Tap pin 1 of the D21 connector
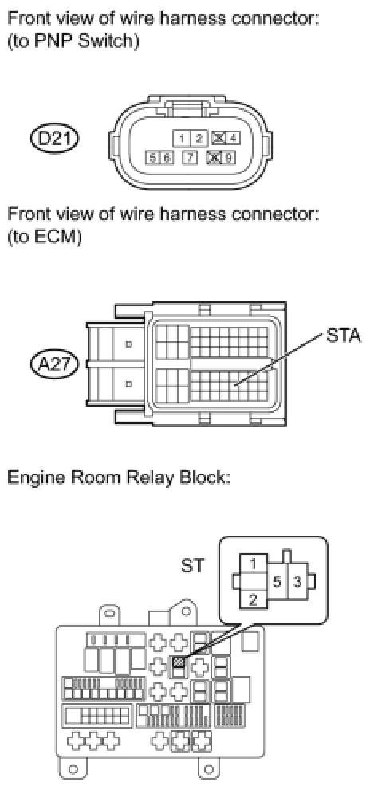(182, 137)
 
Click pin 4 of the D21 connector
(230, 137)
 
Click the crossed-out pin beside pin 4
(219, 137)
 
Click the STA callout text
(344, 336)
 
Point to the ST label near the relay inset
(193, 565)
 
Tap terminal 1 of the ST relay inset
(253, 564)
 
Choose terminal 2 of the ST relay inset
(253, 599)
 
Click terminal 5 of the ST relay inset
(276, 582)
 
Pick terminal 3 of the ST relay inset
(297, 582)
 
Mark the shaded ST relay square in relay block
(179, 663)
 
